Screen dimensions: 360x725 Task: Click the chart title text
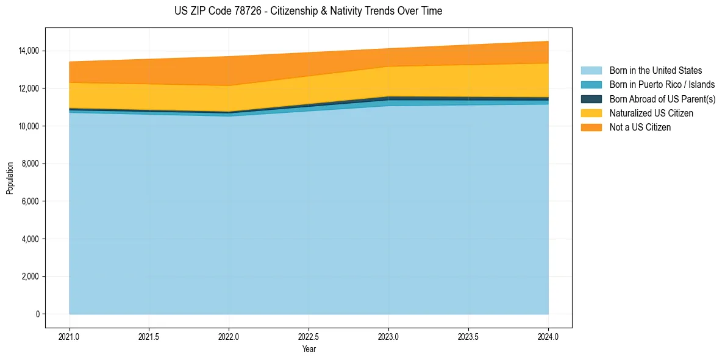[308, 11]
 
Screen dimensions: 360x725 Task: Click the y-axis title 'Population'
[10, 178]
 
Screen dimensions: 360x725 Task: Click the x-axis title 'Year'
[309, 349]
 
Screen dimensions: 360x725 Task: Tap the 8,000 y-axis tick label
[30, 164]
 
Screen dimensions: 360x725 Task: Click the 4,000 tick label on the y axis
[30, 239]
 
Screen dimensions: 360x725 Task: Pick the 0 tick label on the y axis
[37, 314]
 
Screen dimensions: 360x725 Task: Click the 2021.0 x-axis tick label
[70, 336]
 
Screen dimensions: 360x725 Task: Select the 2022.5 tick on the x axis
[309, 336]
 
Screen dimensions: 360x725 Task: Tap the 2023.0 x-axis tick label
[388, 336]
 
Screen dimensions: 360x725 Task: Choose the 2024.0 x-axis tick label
[548, 336]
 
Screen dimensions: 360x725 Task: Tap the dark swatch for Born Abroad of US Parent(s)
[591, 99]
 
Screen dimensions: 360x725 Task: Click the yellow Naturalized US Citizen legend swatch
[591, 113]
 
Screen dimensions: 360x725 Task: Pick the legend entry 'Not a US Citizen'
[640, 128]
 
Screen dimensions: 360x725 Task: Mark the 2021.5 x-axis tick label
[149, 336]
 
